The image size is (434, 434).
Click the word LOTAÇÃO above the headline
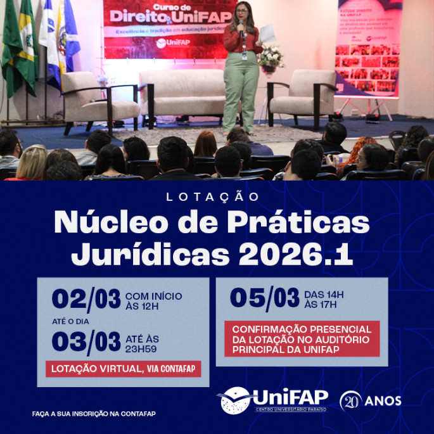pyautogui.click(x=213, y=197)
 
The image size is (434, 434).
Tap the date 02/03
pyautogui.click(x=86, y=299)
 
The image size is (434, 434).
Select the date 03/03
pyautogui.click(x=86, y=342)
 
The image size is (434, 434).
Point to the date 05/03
pyautogui.click(x=264, y=298)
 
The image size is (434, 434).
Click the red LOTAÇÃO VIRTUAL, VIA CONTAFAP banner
pyautogui.click(x=123, y=369)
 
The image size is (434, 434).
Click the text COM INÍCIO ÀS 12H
pyautogui.click(x=154, y=301)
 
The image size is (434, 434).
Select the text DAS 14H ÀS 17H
pyautogui.click(x=324, y=299)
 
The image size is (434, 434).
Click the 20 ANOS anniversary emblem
pyautogui.click(x=370, y=400)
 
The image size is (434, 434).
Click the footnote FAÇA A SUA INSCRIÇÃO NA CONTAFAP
pyautogui.click(x=94, y=414)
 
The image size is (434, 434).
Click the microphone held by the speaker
pyautogui.click(x=241, y=26)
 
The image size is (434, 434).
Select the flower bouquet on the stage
pyautogui.click(x=271, y=58)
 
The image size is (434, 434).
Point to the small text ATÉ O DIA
pyautogui.click(x=70, y=321)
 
